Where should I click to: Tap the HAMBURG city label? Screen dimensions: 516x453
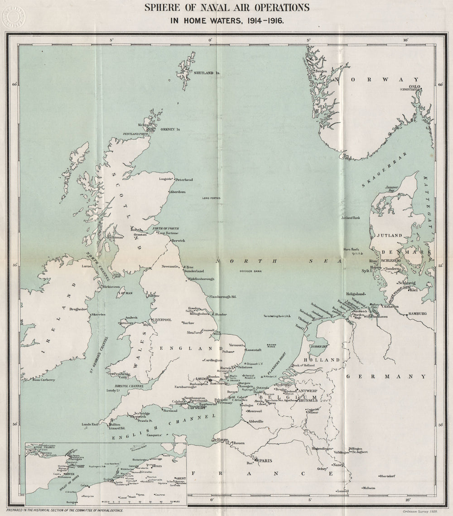tap(418, 313)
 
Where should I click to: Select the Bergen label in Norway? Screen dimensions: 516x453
tap(321, 71)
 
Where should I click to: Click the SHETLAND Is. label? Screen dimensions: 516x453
tap(207, 72)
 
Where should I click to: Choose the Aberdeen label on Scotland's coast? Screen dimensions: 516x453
tap(177, 192)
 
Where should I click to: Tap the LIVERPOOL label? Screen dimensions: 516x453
tap(166, 319)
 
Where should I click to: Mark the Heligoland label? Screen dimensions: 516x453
tap(355, 294)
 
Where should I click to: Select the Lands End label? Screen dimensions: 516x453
tap(90, 424)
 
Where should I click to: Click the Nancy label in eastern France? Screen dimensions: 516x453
tap(338, 465)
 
